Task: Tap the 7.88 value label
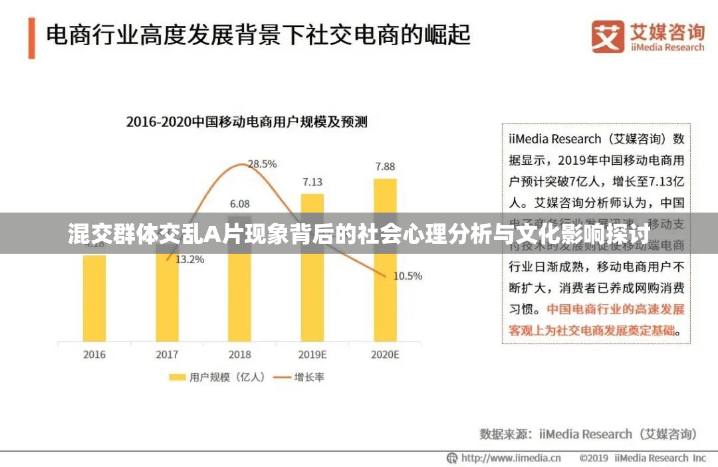point(385,167)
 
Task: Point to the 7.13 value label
point(312,182)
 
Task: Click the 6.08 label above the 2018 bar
point(239,204)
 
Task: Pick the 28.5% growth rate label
point(262,163)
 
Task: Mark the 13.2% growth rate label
point(189,260)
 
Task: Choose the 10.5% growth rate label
point(408,276)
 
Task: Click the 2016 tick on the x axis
point(94,355)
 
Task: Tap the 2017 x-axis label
point(167,355)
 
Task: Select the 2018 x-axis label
point(239,355)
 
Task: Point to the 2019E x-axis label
point(312,355)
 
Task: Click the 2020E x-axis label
point(385,355)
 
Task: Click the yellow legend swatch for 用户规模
point(176,377)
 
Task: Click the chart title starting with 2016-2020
point(247,122)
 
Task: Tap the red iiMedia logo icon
point(608,36)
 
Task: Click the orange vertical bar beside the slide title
point(31,38)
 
